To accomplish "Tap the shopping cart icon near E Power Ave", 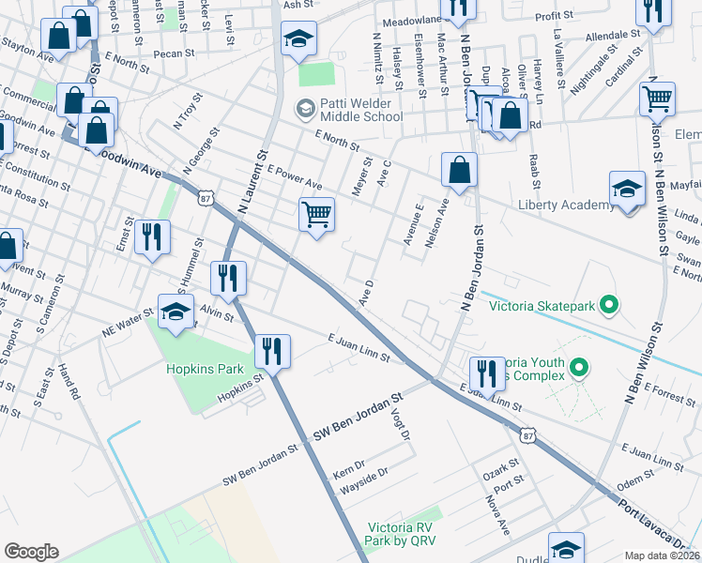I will click(x=317, y=215).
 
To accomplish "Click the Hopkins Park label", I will click(x=198, y=370).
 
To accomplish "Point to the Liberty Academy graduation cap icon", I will click(x=627, y=189).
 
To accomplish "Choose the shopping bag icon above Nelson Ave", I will click(x=460, y=170).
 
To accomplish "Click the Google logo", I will click(x=31, y=552).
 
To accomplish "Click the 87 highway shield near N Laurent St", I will click(x=206, y=197).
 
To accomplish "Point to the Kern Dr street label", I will click(x=348, y=472).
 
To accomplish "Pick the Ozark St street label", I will click(x=499, y=468).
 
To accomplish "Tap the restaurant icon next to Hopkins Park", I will click(x=272, y=352).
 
